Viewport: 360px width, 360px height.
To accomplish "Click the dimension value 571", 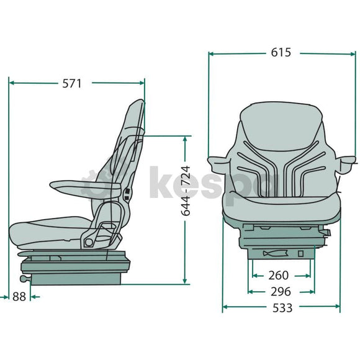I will pos(71,83).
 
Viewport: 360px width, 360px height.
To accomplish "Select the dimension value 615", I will pos(281,53).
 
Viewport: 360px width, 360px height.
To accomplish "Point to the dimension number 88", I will pos(19,297).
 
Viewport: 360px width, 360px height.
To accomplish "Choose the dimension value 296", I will pos(281,290).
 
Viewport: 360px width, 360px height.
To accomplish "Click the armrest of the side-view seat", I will pos(78,184).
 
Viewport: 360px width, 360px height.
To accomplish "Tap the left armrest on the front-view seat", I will pos(219,164).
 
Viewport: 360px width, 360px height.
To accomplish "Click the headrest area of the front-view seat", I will pos(281,120).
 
